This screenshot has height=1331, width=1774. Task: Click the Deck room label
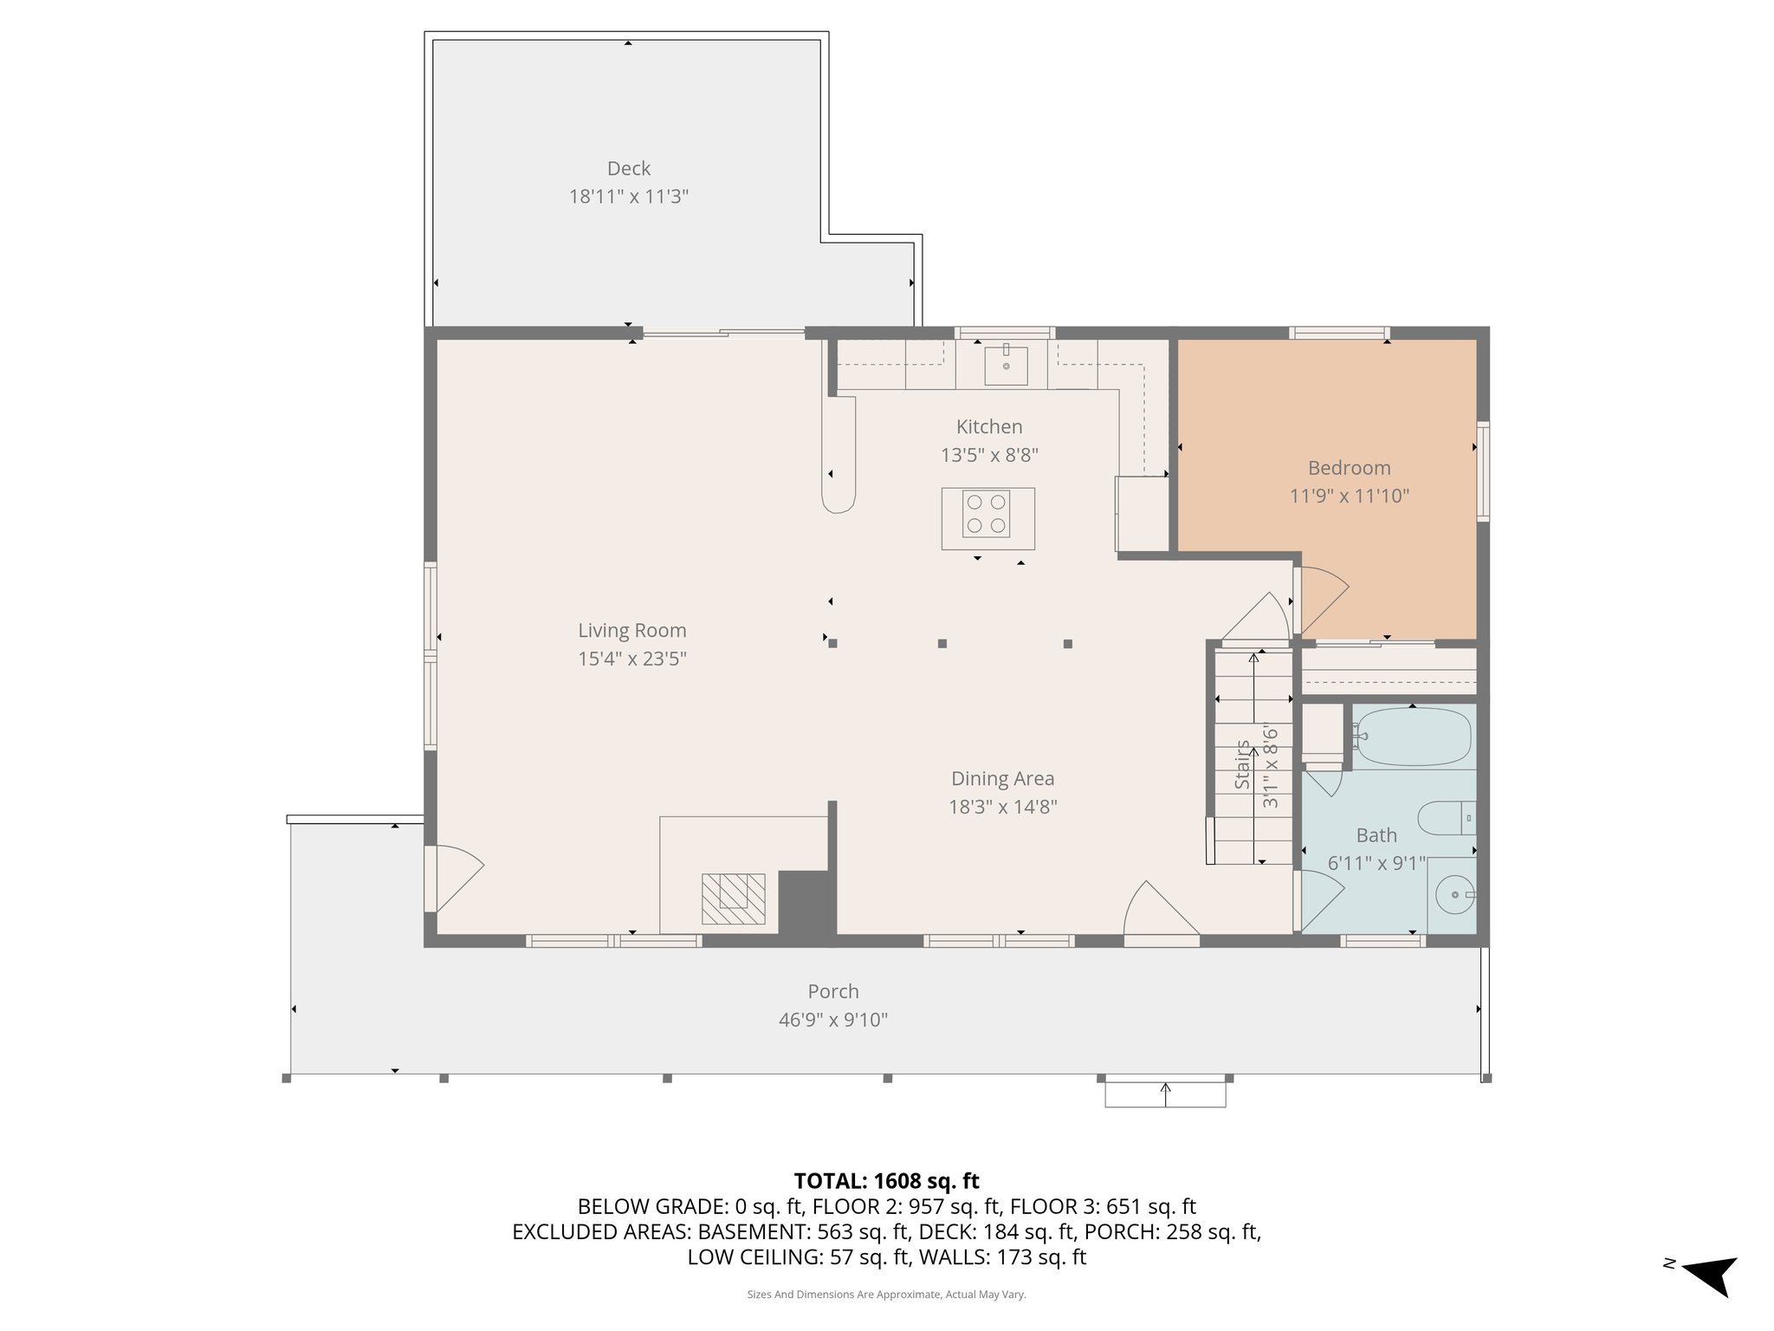click(x=628, y=169)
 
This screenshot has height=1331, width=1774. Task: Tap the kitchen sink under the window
click(x=1006, y=366)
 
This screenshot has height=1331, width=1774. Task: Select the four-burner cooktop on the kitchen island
click(x=987, y=514)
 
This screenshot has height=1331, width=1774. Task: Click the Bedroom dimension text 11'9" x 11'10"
click(x=1349, y=497)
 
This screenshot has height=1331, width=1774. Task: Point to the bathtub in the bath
click(x=1412, y=737)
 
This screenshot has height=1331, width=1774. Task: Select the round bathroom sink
click(x=1454, y=894)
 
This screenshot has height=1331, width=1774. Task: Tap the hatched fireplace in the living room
click(x=733, y=898)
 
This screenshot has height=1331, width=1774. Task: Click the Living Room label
click(x=631, y=631)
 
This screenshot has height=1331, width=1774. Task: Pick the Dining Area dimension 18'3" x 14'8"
click(x=1002, y=807)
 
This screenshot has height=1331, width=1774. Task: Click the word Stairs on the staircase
click(x=1242, y=764)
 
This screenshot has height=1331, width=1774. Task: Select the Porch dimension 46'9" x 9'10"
click(x=832, y=1020)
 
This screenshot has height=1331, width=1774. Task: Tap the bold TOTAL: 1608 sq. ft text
click(x=886, y=1180)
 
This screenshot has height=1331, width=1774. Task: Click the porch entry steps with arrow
click(x=1165, y=1094)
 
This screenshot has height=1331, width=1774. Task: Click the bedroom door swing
click(x=1320, y=598)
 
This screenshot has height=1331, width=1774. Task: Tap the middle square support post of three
click(x=942, y=644)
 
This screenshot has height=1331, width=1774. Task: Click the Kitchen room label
click(x=988, y=426)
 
